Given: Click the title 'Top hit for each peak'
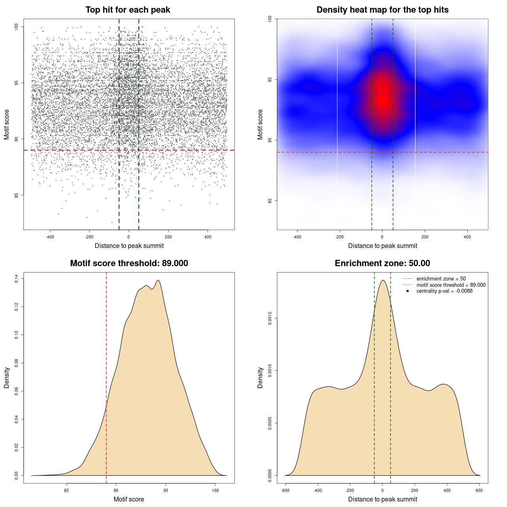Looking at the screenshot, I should [x=128, y=10].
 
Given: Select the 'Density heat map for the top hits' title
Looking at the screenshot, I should [x=383, y=10].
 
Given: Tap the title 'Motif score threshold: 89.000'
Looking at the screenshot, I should [x=129, y=263].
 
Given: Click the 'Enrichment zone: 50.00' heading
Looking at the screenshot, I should [x=383, y=263].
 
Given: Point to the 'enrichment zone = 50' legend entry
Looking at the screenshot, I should [x=441, y=279].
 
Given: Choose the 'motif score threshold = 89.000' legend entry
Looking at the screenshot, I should [x=451, y=285].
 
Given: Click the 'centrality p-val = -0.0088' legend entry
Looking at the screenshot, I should [x=444, y=291].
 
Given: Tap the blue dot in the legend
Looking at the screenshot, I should [x=408, y=291].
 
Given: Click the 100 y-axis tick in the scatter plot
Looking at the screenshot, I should [x=17, y=27].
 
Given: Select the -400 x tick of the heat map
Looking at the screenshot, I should [x=297, y=237].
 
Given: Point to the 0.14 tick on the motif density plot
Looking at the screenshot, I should [x=17, y=279].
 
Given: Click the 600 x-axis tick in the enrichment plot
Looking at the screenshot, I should [x=479, y=490].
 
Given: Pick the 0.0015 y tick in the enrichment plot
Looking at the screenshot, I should [x=270, y=318].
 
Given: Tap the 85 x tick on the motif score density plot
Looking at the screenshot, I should [x=67, y=490].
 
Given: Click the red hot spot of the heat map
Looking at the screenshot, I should [x=382, y=97].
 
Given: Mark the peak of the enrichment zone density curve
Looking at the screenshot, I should [x=383, y=280].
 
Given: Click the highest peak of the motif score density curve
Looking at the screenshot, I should [x=158, y=280].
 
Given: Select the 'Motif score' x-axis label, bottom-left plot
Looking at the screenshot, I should [x=129, y=499].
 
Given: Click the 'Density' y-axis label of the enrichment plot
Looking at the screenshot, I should [x=260, y=377].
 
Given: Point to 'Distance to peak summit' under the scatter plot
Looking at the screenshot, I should [x=129, y=246].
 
